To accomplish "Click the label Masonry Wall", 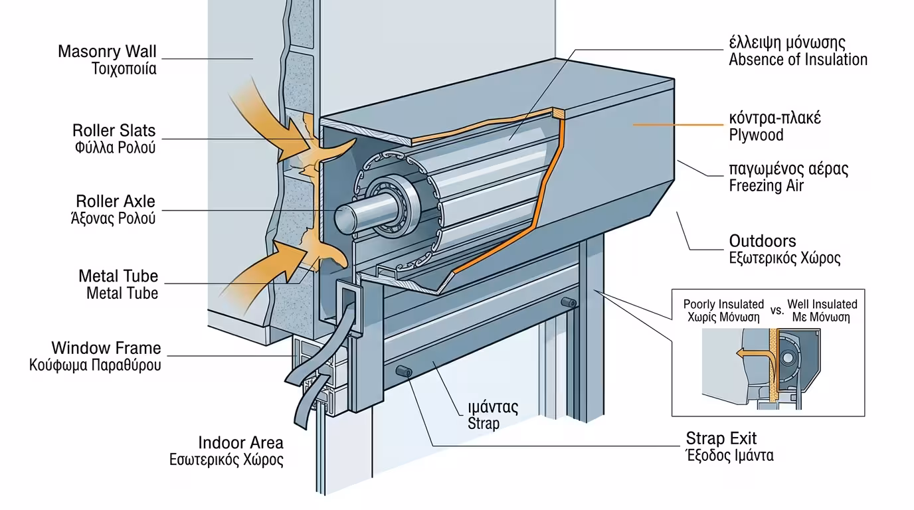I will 107,51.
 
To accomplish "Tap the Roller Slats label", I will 114,130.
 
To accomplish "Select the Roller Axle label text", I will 116,201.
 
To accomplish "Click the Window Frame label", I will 106,348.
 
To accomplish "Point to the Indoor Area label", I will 241,443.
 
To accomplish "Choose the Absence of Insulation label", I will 798,60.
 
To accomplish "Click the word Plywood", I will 756,135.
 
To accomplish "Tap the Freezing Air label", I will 766,186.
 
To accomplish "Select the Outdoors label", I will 763,241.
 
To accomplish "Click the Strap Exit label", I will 721,439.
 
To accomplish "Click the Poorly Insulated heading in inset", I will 723,304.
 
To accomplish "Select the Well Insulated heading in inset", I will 822,304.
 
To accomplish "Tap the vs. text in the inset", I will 777,310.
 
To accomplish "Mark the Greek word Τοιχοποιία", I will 125,68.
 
